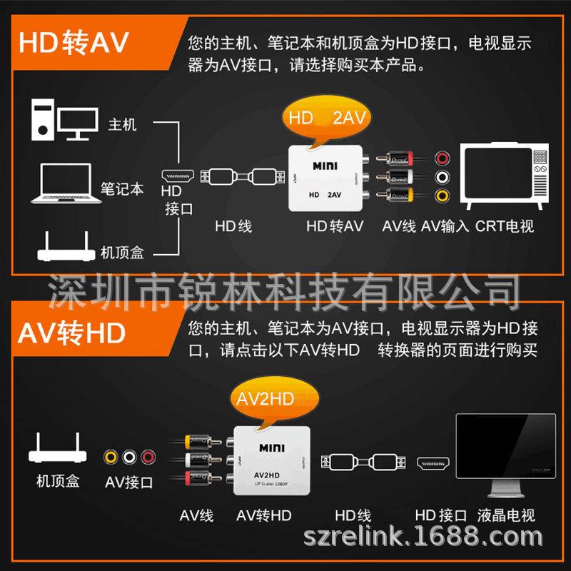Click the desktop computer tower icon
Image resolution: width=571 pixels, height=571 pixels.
point(43,119)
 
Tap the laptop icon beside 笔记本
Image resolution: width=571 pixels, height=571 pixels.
point(66,183)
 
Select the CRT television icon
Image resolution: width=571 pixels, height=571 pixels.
point(505,176)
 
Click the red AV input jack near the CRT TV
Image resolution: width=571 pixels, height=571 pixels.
point(442,158)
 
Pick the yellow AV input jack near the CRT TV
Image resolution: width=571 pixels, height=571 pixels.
point(442,196)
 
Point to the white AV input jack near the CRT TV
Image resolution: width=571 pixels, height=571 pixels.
point(442,177)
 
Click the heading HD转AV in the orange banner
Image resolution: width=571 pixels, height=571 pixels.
point(74,42)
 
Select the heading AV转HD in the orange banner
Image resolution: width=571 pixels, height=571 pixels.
point(72,333)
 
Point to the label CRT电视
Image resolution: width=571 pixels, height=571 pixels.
point(505,226)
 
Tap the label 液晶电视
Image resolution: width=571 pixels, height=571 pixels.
point(506,515)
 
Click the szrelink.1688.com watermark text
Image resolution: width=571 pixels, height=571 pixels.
point(423,536)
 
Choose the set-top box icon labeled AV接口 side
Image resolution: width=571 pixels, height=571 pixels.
point(58,448)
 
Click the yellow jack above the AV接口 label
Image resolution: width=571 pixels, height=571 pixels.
point(111,457)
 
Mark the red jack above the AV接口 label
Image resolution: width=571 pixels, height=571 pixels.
point(148,457)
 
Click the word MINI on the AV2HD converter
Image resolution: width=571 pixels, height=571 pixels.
point(272,448)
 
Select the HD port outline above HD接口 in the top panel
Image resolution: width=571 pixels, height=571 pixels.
point(178,176)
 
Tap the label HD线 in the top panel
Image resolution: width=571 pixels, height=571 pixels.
point(233,226)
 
